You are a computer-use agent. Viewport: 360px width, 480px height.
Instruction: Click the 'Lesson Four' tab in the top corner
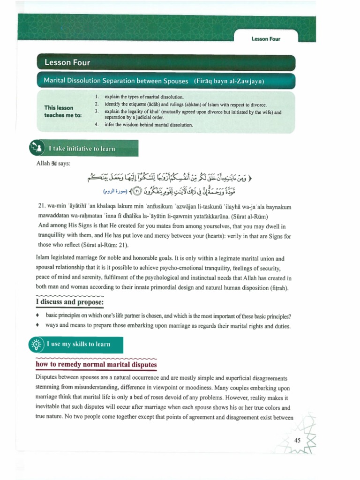pos(265,39)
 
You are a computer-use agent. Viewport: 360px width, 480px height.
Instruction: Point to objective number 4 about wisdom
pos(145,125)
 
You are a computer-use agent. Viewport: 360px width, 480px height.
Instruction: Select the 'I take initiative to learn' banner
pos(82,149)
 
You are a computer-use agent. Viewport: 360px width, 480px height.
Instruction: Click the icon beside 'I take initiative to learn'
pos(37,148)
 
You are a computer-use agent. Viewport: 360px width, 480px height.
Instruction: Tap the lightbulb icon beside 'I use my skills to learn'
pos(36,345)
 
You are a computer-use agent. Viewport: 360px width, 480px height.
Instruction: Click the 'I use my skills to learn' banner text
pos(78,345)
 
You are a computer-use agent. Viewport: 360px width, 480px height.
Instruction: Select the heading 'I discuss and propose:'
pos(70,302)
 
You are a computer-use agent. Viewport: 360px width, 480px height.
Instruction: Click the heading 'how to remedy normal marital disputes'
pos(96,365)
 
